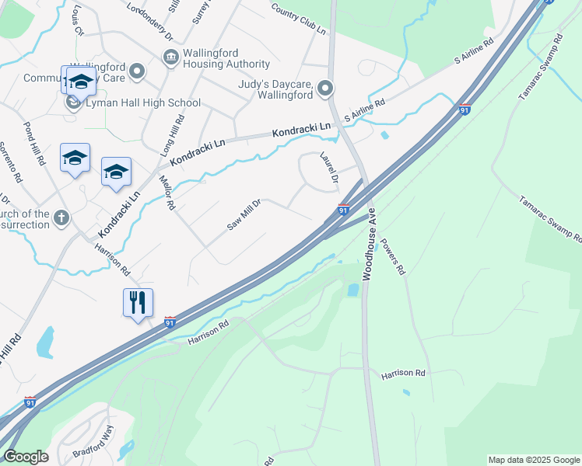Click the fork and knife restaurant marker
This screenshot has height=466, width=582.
pyautogui.click(x=138, y=302)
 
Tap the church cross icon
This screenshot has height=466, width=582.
pyautogui.click(x=62, y=217)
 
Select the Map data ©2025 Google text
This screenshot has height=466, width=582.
pyautogui.click(x=533, y=460)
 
